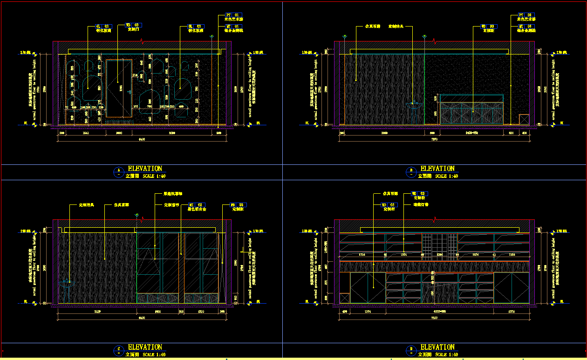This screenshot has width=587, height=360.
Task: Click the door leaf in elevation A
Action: point(117,88)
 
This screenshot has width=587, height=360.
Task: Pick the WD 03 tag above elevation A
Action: point(133,25)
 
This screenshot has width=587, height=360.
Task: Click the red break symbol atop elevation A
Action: point(143,42)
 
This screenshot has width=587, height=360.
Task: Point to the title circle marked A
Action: point(118,170)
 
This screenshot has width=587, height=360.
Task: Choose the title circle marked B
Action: point(411,170)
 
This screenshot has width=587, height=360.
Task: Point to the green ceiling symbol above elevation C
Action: point(137,215)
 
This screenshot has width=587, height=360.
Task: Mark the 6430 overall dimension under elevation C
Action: point(142,318)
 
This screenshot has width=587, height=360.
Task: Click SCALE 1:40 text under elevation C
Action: point(153,354)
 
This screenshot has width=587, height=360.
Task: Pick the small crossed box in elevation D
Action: point(345,298)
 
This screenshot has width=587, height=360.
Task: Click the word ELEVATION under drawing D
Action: point(437,347)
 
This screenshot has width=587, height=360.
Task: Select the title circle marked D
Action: point(411,349)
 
